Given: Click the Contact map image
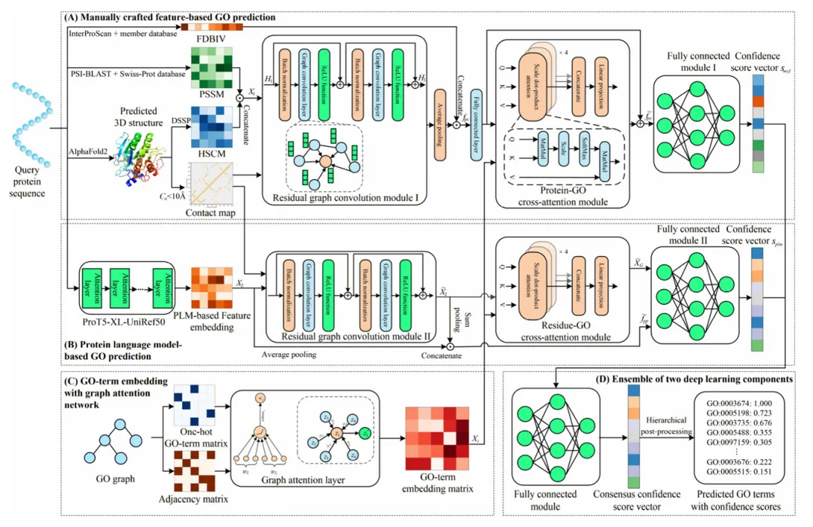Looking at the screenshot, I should pos(207,184).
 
